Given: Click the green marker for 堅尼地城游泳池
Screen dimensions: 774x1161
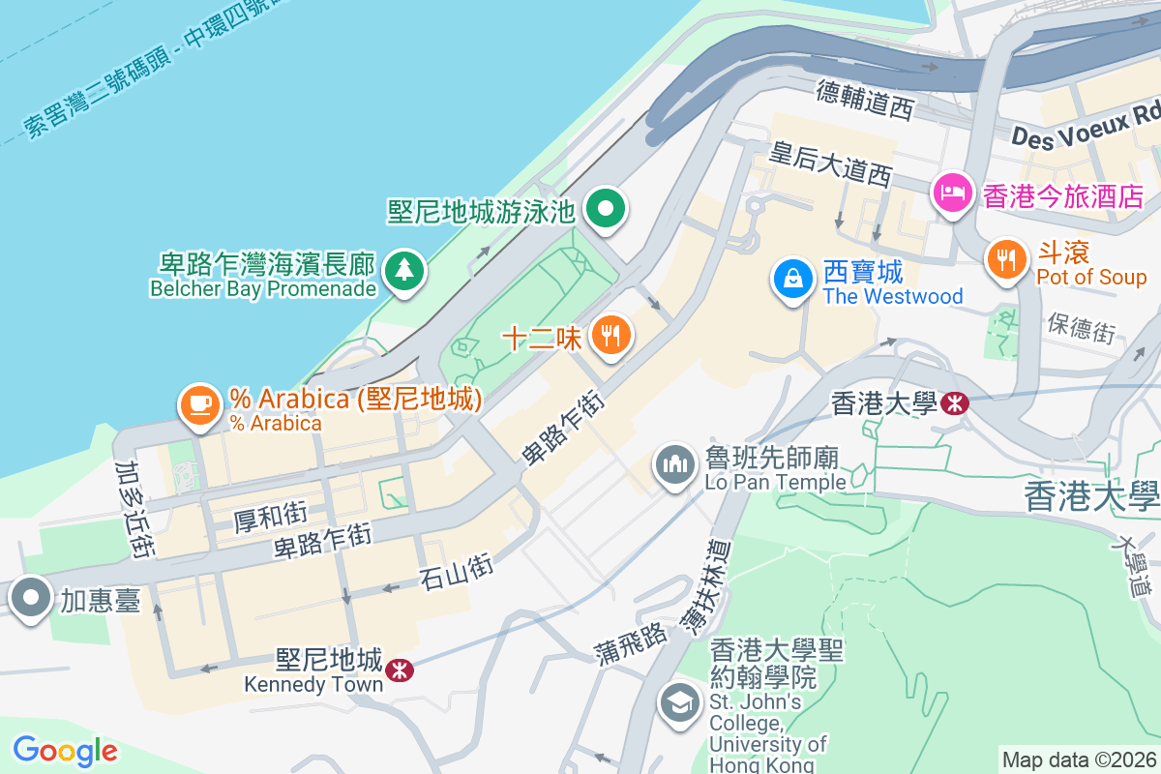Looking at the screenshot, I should pyautogui.click(x=607, y=207).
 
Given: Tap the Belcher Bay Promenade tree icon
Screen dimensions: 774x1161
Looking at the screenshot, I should pyautogui.click(x=403, y=269).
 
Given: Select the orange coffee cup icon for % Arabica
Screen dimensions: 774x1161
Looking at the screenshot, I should pyautogui.click(x=200, y=402).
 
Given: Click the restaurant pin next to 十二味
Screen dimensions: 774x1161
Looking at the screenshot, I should pyautogui.click(x=610, y=336).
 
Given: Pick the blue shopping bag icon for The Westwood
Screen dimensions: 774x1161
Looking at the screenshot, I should pyautogui.click(x=792, y=278).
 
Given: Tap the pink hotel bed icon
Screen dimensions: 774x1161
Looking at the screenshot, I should pyautogui.click(x=953, y=193).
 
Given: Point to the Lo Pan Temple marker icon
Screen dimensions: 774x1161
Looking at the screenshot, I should pyautogui.click(x=675, y=464).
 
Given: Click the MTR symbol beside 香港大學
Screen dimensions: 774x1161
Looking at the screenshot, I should pyautogui.click(x=954, y=402).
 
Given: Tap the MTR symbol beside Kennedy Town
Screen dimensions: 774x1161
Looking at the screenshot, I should pyautogui.click(x=398, y=670).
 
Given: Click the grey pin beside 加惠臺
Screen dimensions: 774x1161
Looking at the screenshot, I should pyautogui.click(x=31, y=598).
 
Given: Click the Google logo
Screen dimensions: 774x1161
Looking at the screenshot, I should pyautogui.click(x=65, y=751).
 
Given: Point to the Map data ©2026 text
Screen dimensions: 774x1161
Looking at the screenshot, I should pyautogui.click(x=1079, y=760).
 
